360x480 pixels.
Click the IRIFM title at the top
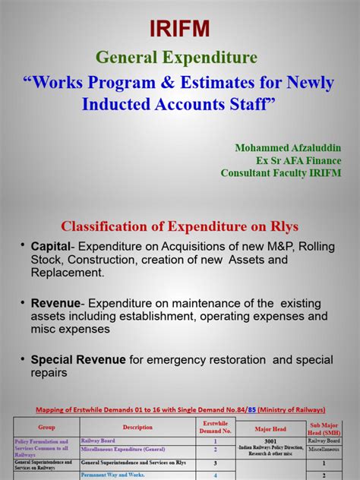tap(181, 29)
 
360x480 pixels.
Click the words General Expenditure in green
tap(176, 57)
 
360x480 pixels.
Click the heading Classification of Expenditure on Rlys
tap(180, 226)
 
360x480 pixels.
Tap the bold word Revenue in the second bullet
tap(55, 302)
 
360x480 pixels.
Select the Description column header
tap(137, 427)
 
